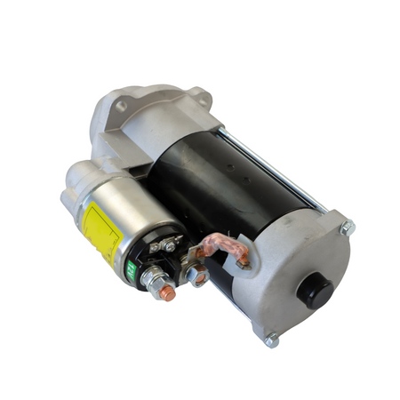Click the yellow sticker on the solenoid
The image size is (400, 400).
click(100, 230)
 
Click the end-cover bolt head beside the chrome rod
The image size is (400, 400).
click(346, 228)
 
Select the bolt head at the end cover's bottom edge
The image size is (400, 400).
click(271, 338)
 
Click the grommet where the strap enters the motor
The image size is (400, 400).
click(241, 259)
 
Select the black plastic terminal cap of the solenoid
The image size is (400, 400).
click(160, 258)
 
